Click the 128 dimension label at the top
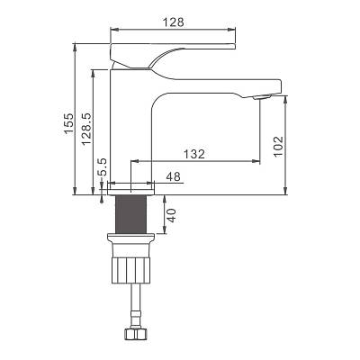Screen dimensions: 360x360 tap(173, 22)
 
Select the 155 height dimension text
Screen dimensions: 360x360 tap(68, 123)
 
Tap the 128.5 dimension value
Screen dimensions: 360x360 tap(86, 130)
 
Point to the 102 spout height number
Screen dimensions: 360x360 tap(278, 147)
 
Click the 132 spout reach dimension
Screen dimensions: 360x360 tap(194, 154)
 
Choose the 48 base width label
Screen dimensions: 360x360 tap(174, 176)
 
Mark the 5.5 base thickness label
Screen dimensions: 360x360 tap(103, 166)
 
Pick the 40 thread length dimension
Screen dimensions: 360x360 tap(171, 216)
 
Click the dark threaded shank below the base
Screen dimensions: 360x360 tap(130, 213)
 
